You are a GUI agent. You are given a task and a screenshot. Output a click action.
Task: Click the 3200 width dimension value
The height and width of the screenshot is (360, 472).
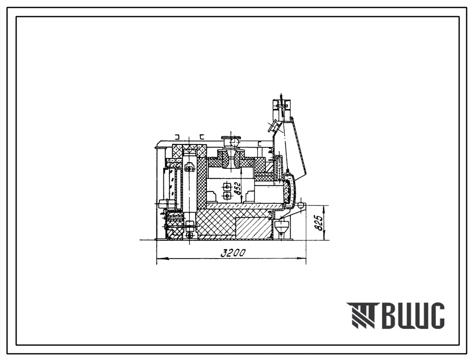pyautogui.click(x=233, y=253)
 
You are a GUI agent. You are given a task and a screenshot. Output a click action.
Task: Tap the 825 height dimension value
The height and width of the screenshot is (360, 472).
pyautogui.click(x=320, y=222)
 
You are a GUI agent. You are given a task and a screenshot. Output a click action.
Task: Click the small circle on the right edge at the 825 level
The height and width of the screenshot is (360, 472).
pyautogui.click(x=300, y=205)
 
